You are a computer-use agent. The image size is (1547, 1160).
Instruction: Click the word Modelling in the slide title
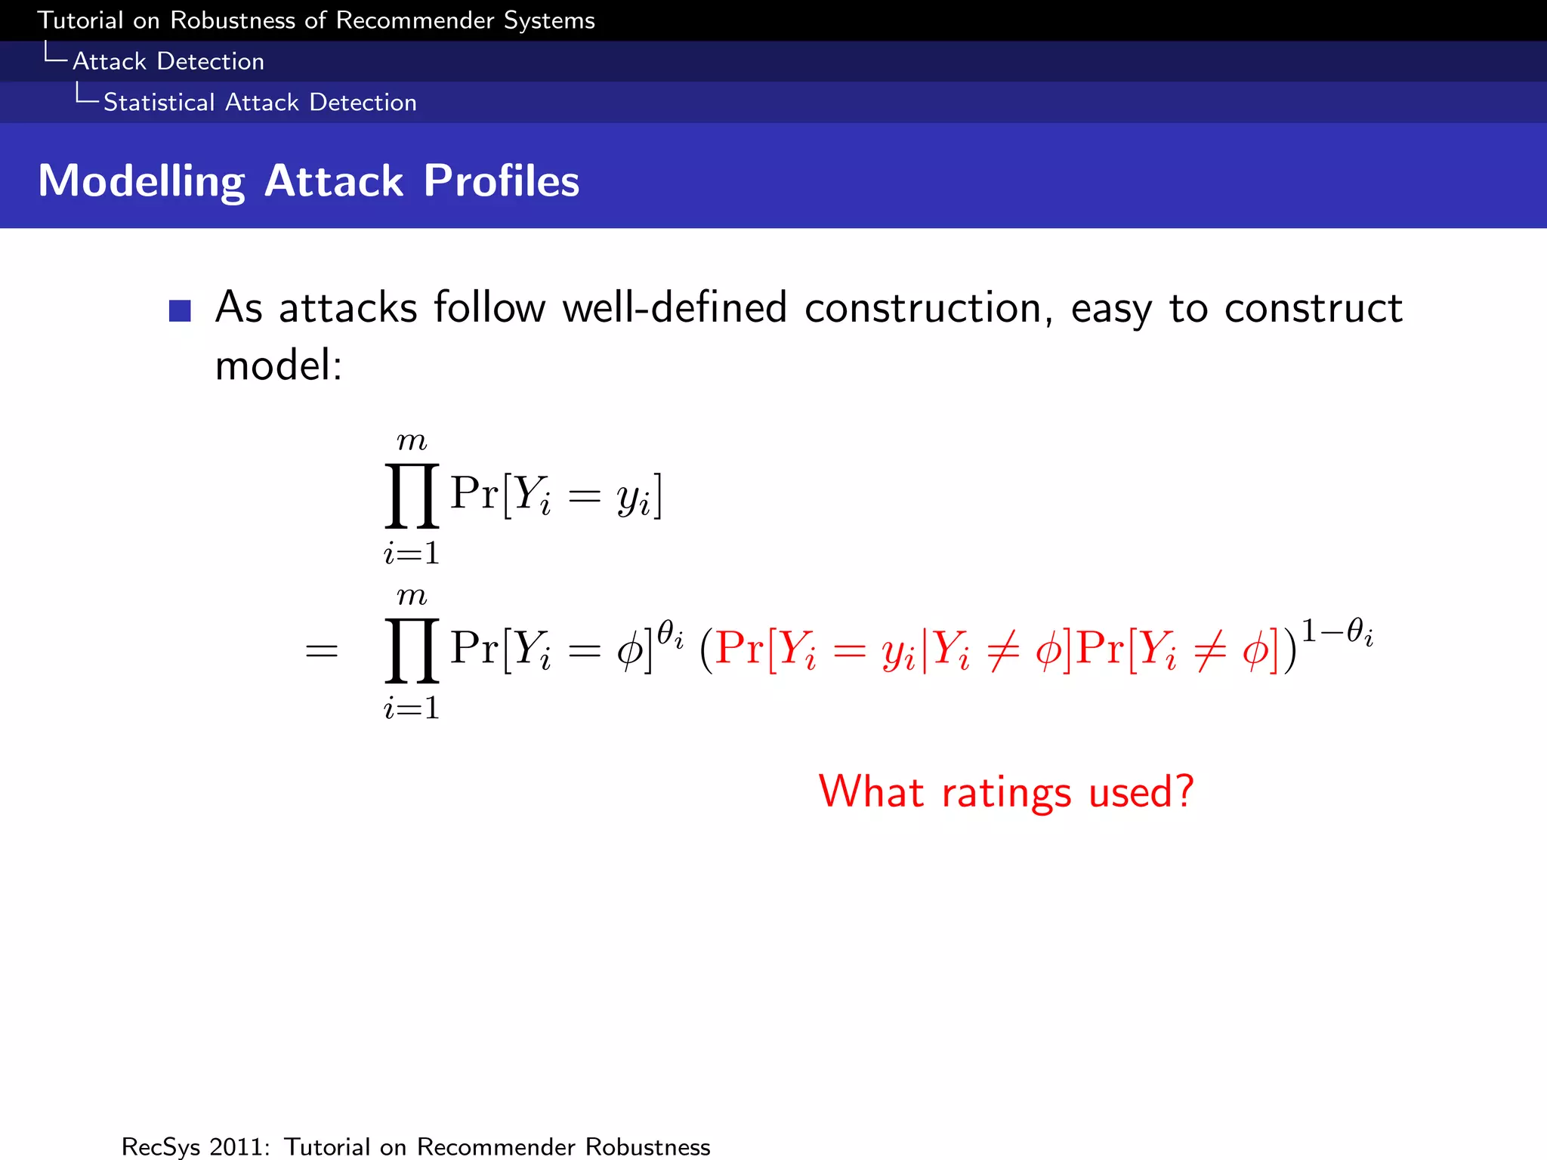(x=141, y=182)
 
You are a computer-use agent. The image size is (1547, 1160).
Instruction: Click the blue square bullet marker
(x=180, y=310)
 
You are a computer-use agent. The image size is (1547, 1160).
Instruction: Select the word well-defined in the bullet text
(x=675, y=308)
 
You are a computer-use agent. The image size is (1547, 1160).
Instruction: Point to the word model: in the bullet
(x=279, y=366)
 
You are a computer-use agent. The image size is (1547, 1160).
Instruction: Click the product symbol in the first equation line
(x=412, y=496)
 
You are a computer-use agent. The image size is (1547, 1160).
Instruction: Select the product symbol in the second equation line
(x=412, y=650)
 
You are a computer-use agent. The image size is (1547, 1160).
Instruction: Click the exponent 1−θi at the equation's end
(x=1336, y=631)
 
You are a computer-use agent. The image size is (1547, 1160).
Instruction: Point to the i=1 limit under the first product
(x=412, y=554)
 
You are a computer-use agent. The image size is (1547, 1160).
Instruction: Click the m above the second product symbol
(x=412, y=597)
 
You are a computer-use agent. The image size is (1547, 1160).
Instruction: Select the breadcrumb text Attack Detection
(x=168, y=61)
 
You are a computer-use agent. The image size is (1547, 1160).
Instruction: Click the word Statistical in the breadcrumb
(x=159, y=102)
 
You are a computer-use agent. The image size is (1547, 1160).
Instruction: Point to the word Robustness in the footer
(x=647, y=1146)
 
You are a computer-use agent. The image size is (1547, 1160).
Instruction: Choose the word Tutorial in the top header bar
(x=80, y=20)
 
